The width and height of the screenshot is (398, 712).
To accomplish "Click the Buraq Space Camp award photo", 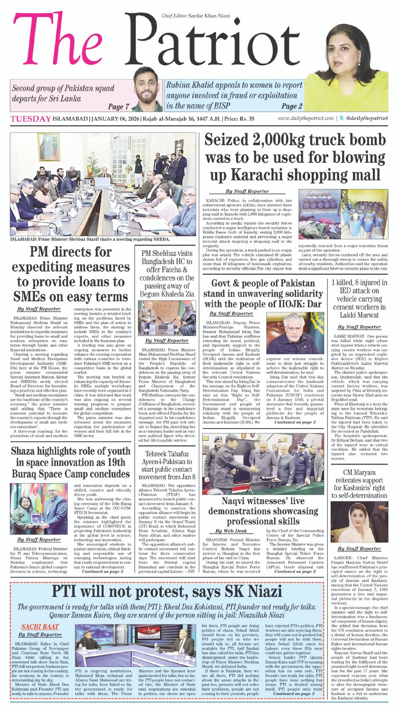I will [40, 508].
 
